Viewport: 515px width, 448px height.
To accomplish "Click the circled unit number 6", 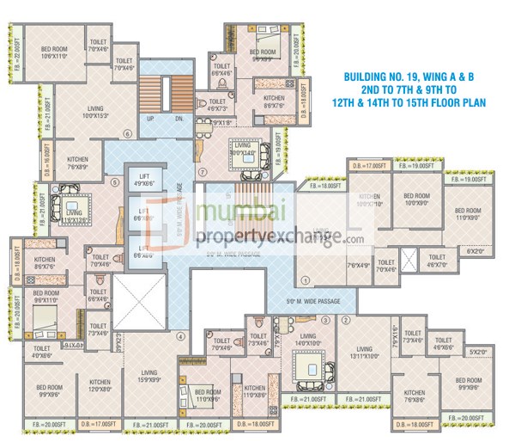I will coord(127,133).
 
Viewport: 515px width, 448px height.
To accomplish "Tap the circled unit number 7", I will coord(203,171).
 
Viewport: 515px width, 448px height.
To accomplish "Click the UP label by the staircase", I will coord(151,120).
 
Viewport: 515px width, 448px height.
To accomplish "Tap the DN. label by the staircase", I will coord(179,120).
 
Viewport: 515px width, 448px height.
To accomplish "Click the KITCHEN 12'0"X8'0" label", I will coord(100,384).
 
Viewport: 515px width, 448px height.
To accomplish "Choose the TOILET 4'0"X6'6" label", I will coord(41,351).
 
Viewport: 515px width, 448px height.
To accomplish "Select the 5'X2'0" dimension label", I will coord(478,352).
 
